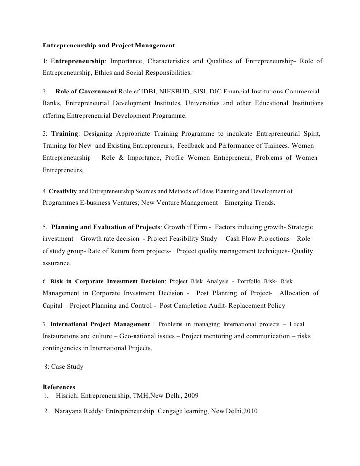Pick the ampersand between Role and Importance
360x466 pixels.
coord(120,158)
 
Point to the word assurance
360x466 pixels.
coord(56,263)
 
